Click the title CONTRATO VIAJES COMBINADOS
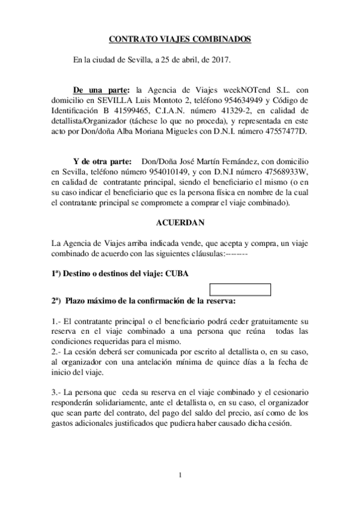(179, 39)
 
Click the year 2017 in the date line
(221, 60)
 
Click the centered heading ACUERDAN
(180, 223)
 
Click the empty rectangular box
(240, 290)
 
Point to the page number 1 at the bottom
(180, 476)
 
